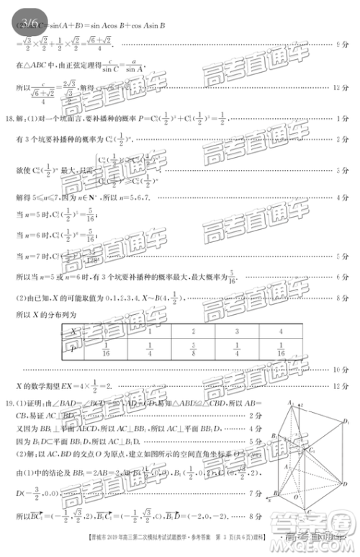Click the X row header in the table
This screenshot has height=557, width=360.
tap(73, 331)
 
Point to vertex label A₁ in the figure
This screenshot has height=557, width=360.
tap(291, 402)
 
